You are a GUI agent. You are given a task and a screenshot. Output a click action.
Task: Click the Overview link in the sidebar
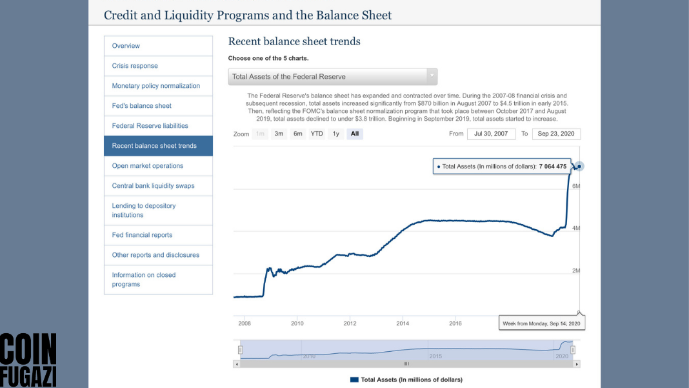pos(126,46)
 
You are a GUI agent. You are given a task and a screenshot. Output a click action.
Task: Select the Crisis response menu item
pos(134,66)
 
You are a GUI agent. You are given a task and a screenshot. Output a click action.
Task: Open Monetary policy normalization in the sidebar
pos(155,86)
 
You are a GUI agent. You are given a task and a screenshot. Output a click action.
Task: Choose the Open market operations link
pos(147,166)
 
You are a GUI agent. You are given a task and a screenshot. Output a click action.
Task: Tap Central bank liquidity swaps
pos(153,186)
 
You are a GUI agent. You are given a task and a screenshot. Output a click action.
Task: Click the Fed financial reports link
pos(142,235)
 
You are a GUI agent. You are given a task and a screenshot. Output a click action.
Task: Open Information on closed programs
pos(143,280)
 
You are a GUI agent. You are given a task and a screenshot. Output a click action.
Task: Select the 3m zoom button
pos(279,134)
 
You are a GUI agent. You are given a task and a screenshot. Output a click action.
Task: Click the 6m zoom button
pos(298,134)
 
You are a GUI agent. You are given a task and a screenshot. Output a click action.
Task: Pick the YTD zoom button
pos(317,134)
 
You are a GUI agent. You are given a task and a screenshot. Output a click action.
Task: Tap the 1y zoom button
pos(335,134)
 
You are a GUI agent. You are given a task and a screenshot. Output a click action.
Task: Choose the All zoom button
pos(355,134)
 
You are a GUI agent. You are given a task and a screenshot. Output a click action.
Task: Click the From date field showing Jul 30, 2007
pos(491,134)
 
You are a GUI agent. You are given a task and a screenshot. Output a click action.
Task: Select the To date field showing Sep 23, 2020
pos(556,134)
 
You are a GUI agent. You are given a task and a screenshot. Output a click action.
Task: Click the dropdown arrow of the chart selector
pos(432,76)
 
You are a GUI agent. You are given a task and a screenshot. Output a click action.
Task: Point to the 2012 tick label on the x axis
pos(350,323)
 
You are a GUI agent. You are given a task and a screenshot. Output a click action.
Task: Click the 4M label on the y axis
pos(575,229)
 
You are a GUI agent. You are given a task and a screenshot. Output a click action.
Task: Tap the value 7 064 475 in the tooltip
pos(553,167)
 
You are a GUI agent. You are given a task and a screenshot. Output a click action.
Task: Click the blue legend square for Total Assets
pos(354,380)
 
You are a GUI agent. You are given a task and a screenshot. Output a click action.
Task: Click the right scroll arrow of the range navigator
pos(577,364)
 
